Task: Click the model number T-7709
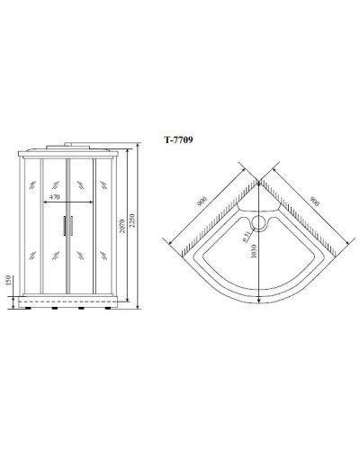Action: pyautogui.click(x=177, y=139)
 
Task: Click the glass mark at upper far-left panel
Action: pyautogui.click(x=33, y=187)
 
